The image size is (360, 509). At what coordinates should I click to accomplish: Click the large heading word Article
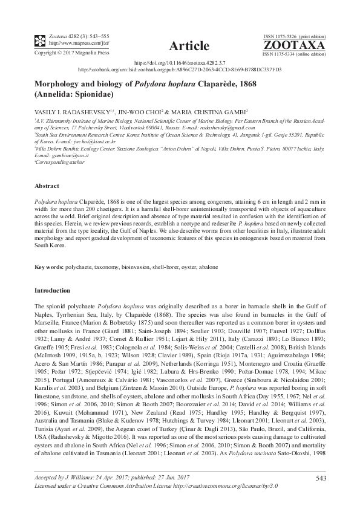[189, 46]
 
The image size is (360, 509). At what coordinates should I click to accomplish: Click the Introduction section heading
[52, 291]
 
